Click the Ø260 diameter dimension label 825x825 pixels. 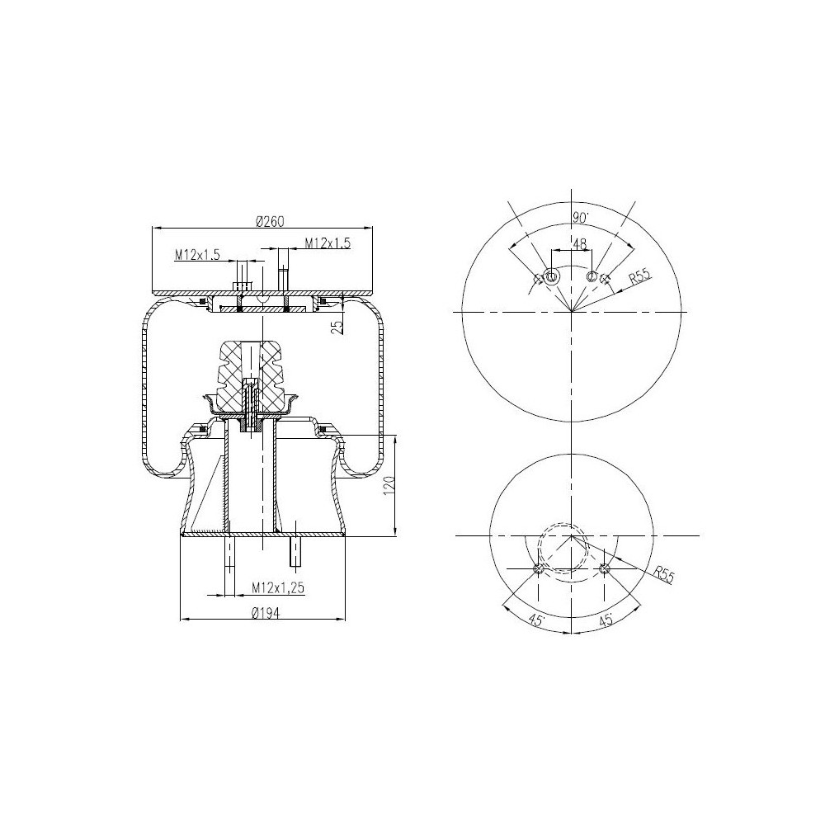(x=270, y=221)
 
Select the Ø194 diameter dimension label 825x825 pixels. (x=265, y=612)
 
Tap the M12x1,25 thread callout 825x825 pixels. (x=278, y=587)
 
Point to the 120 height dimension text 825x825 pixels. (x=390, y=484)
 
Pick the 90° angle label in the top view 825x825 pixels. (x=581, y=217)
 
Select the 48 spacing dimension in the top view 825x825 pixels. (x=579, y=244)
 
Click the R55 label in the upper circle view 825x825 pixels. (x=640, y=276)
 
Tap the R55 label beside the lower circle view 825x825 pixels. (x=663, y=573)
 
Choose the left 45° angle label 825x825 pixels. (x=535, y=620)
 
